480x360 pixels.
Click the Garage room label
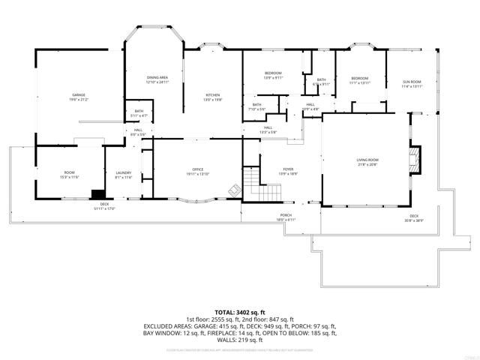point(79,97)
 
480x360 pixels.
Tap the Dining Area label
point(157,79)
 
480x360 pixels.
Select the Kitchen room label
point(213,96)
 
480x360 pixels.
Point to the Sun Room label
point(412,83)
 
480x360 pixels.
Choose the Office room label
point(198,171)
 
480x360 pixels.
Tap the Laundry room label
point(124,175)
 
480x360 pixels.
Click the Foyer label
point(288,171)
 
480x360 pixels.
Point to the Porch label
point(286,217)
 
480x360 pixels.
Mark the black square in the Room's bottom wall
point(98,193)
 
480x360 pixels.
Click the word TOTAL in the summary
point(226,310)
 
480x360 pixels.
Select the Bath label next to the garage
point(139,113)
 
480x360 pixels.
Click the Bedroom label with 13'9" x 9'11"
point(273,74)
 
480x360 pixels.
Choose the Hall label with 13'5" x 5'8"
point(268,129)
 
